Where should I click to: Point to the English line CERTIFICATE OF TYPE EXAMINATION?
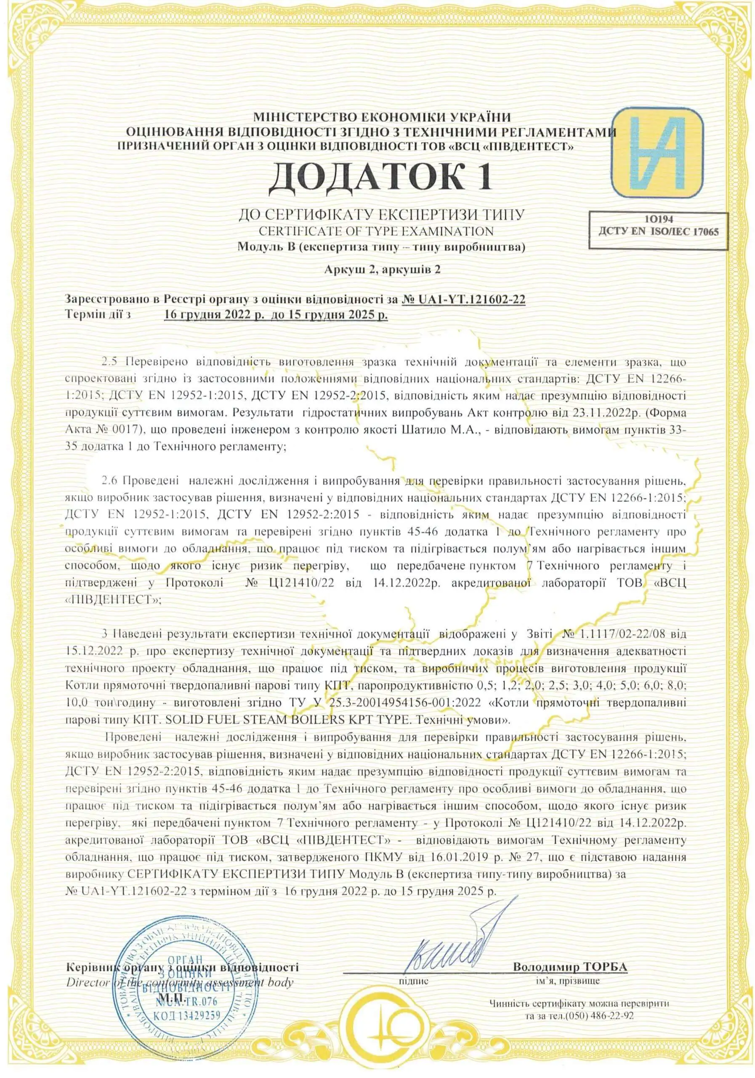coord(376,231)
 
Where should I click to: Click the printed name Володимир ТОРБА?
coord(570,954)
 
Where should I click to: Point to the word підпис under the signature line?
coord(413,967)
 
